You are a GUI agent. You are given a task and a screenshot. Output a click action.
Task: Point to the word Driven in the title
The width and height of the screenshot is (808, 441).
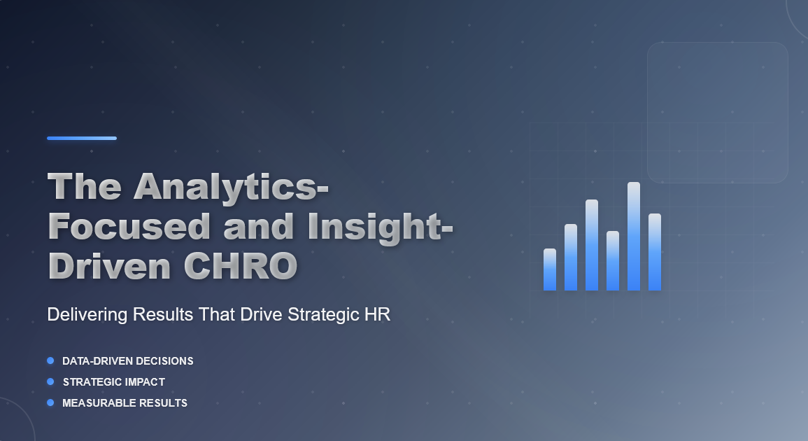[x=108, y=266]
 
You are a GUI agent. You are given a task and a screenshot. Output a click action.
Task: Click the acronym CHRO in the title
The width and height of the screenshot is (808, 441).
[x=241, y=266]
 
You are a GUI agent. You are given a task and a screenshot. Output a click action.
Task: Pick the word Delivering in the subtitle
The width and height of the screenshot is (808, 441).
[x=87, y=314]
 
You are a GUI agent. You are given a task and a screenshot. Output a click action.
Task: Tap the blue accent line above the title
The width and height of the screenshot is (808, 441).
[x=82, y=138]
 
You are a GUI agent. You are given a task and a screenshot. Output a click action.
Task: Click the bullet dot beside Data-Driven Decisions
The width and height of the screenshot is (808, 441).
[x=50, y=360]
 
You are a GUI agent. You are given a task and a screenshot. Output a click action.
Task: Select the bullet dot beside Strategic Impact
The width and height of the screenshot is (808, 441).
[x=50, y=381]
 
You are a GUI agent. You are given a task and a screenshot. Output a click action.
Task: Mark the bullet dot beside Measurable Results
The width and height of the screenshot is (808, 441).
[x=50, y=402]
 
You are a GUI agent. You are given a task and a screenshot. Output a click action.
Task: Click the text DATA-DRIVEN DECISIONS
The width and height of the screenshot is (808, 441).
[x=128, y=361]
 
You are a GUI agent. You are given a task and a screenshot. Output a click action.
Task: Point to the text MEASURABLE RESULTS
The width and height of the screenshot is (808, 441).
[x=125, y=402]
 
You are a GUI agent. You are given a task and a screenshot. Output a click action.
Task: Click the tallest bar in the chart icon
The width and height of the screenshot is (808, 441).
[x=634, y=236]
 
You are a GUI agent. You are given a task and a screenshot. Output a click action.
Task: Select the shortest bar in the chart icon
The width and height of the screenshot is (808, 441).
[x=550, y=269]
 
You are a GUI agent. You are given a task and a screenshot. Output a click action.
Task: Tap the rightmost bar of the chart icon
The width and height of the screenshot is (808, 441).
[x=655, y=252]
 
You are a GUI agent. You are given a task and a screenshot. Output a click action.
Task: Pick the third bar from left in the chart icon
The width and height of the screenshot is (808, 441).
[x=592, y=245]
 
